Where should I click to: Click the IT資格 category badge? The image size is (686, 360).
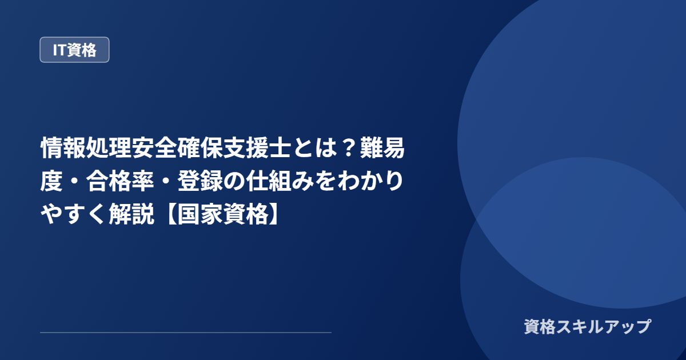(74, 50)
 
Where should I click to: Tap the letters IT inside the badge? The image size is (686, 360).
(59, 50)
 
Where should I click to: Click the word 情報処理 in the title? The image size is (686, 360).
(86, 148)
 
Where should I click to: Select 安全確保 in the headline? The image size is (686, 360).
(177, 148)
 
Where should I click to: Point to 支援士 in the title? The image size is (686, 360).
(257, 148)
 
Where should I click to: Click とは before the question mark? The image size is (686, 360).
(314, 148)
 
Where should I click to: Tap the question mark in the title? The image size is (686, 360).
(348, 148)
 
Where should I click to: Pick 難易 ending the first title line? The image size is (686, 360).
(382, 148)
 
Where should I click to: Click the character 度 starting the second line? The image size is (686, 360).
(51, 181)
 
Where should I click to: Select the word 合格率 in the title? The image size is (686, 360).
(120, 181)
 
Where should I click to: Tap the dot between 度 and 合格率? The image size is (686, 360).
(74, 182)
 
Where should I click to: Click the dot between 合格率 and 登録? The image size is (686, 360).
(166, 182)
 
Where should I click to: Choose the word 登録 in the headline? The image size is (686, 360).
(200, 181)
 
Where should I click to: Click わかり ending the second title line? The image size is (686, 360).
(371, 181)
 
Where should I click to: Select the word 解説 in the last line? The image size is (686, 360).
(131, 214)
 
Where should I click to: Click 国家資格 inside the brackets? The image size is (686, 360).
(223, 214)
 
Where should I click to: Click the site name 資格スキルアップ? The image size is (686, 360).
(588, 326)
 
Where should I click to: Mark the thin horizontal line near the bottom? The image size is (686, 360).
(186, 333)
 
